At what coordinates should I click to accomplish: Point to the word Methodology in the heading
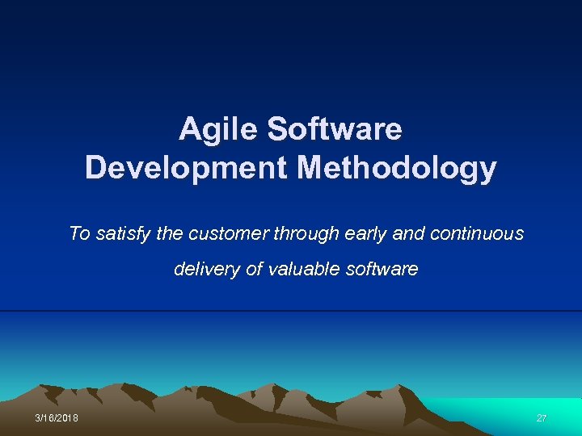(397, 168)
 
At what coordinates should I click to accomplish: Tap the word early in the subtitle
(361, 234)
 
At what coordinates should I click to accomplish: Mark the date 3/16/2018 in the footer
(57, 418)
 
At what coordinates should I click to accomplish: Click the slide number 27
(542, 418)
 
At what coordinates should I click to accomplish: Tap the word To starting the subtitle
(79, 234)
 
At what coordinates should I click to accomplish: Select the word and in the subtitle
(407, 234)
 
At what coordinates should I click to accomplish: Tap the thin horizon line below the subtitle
(291, 311)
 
